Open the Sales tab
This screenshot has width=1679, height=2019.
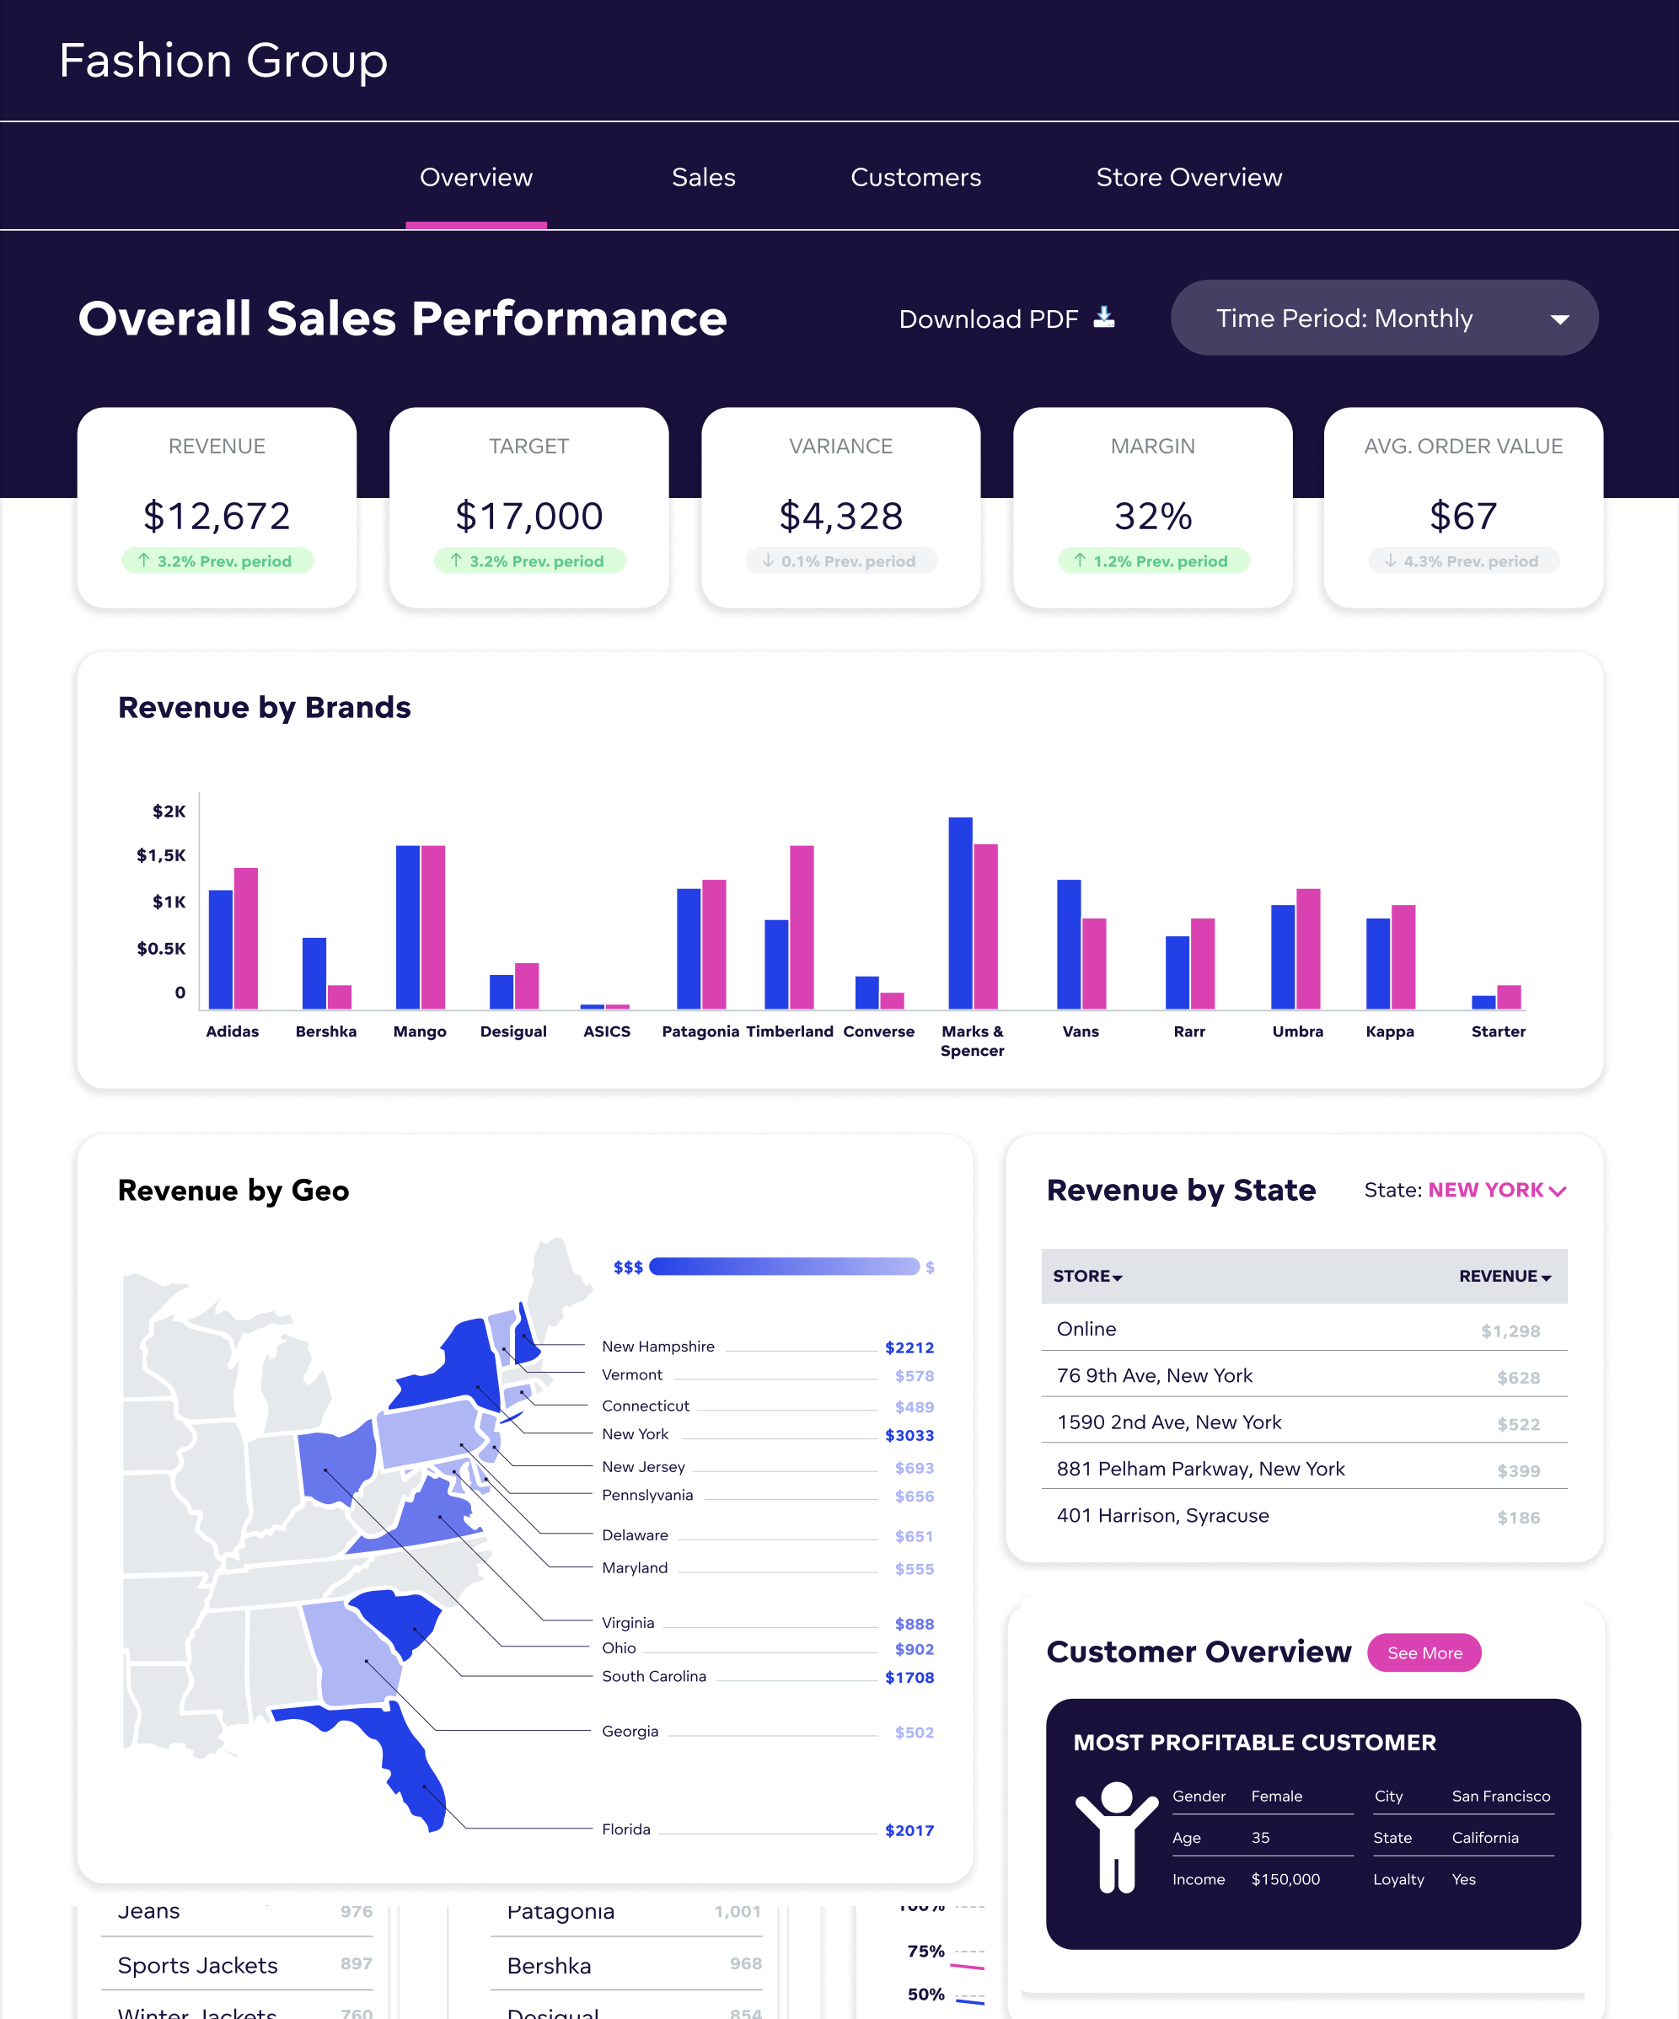[x=703, y=178]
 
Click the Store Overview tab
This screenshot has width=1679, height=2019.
[x=1188, y=178]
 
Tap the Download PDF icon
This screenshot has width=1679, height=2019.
[x=1104, y=318]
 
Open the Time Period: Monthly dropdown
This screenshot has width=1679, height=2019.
[x=1384, y=319]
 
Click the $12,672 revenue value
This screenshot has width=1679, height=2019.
[x=217, y=517]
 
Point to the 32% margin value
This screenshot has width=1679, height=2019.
[x=1152, y=517]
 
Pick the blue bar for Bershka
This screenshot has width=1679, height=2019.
[x=314, y=972]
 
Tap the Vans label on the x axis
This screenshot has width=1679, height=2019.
[x=1080, y=1031]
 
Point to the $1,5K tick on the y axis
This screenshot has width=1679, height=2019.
[x=162, y=855]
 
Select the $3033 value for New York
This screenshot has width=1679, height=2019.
[x=909, y=1435]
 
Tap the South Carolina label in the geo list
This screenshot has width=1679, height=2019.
[x=654, y=1676]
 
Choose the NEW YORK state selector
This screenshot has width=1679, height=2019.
[x=1496, y=1190]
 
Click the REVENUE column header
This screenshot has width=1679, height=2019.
[x=1504, y=1276]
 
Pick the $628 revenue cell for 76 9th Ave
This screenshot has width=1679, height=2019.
[x=1517, y=1378]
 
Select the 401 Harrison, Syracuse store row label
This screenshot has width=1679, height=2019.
[x=1162, y=1515]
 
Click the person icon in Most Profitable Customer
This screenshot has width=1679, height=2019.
[x=1117, y=1836]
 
